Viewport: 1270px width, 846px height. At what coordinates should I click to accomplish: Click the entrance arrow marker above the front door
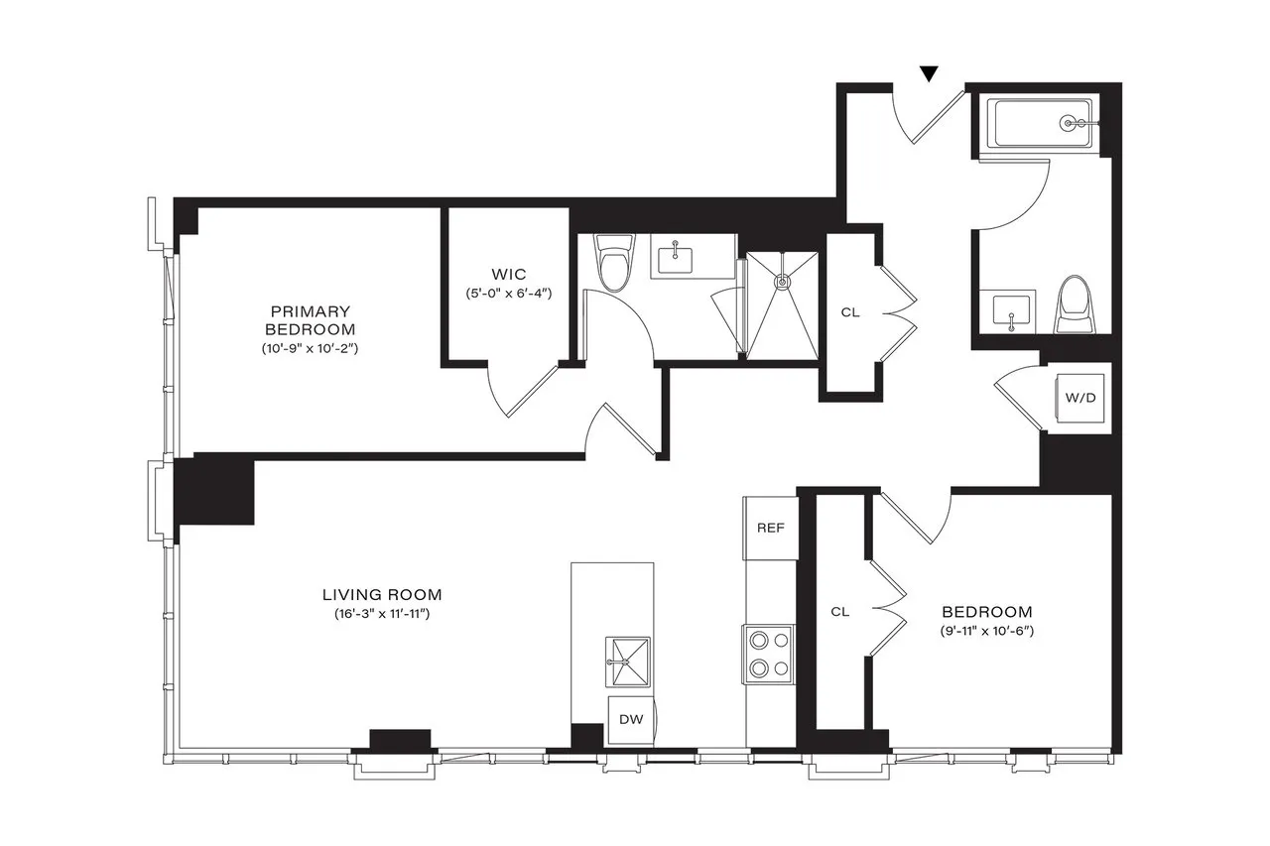(929, 73)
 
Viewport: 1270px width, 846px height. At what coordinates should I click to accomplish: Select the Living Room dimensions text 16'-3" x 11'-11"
(381, 614)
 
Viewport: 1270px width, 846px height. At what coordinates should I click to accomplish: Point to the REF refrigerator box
(771, 528)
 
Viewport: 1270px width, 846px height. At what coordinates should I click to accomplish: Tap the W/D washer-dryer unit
(1080, 399)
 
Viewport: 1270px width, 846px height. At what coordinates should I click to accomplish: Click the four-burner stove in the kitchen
(769, 654)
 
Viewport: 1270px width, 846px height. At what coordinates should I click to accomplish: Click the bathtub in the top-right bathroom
(1038, 124)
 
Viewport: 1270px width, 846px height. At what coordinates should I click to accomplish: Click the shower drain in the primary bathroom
(784, 281)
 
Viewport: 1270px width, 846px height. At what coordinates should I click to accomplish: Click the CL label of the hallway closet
(850, 312)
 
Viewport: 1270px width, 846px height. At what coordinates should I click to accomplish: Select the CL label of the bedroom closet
(840, 612)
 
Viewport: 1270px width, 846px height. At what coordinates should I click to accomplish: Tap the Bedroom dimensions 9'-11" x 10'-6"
(986, 632)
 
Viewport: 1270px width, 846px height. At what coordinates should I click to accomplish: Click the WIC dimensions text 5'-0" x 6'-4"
(508, 294)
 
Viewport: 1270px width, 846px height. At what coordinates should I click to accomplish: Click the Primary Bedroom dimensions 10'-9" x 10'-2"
(310, 348)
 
